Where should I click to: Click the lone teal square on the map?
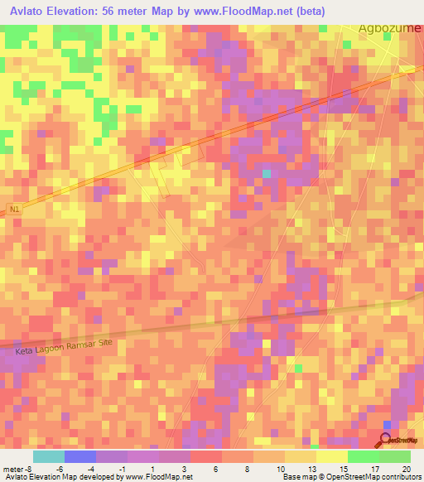[x=267, y=173]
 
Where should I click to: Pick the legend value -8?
[x=31, y=469]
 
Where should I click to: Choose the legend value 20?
[x=405, y=469]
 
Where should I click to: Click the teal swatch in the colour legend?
[x=48, y=456]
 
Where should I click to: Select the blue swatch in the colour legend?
[x=79, y=456]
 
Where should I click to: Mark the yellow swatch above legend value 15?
[x=331, y=456]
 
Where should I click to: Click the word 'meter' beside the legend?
[x=12, y=469]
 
